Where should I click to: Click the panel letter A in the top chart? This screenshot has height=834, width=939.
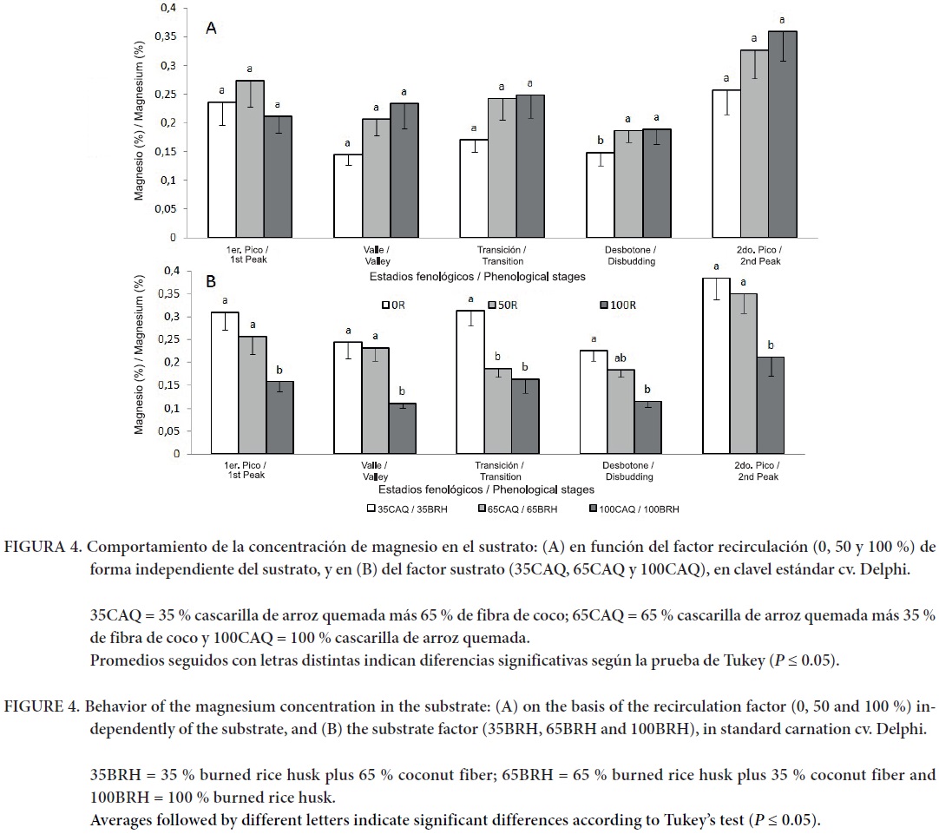click(x=211, y=29)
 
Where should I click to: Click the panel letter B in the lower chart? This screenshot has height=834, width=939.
click(x=211, y=282)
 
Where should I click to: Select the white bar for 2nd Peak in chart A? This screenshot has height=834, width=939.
click(x=726, y=163)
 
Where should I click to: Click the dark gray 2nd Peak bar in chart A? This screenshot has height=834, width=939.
click(x=782, y=135)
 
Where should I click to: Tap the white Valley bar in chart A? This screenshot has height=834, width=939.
click(x=348, y=195)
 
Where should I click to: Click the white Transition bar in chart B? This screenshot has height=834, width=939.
click(x=470, y=382)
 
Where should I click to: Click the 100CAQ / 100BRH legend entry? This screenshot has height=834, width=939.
click(x=634, y=509)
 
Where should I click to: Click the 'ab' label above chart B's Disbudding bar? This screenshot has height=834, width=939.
click(x=620, y=358)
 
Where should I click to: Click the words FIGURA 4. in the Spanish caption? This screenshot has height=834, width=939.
click(x=43, y=548)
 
